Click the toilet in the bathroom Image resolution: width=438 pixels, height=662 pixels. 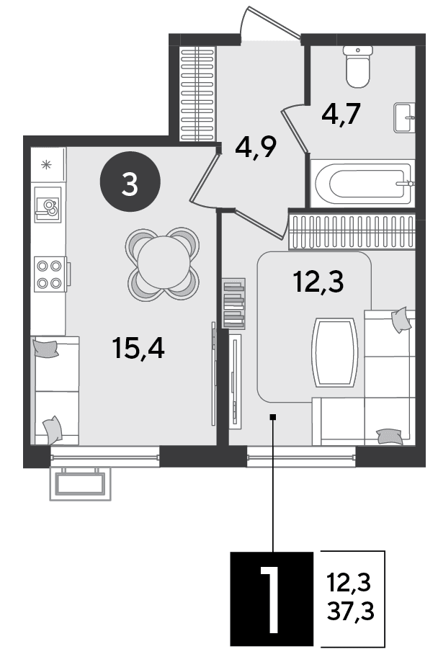(358, 66)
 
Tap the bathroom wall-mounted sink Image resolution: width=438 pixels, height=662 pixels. (405, 117)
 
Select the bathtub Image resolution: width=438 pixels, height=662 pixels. (363, 184)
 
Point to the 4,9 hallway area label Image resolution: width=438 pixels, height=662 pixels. (256, 147)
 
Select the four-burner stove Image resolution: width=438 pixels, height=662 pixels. (50, 274)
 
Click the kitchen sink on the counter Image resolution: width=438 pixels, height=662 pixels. (48, 205)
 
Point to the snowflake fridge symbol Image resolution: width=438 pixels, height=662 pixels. (46, 164)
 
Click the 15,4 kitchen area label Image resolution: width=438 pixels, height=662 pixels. (138, 348)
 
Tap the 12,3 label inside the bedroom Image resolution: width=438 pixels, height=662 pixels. (318, 282)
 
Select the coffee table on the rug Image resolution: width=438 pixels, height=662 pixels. (334, 352)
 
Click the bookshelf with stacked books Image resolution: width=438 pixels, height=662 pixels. (233, 303)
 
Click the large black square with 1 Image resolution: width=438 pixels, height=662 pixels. (272, 599)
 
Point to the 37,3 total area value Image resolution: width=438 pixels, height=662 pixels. (351, 611)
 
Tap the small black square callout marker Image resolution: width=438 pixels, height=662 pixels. (273, 417)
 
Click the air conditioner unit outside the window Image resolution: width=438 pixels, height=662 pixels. (80, 483)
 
